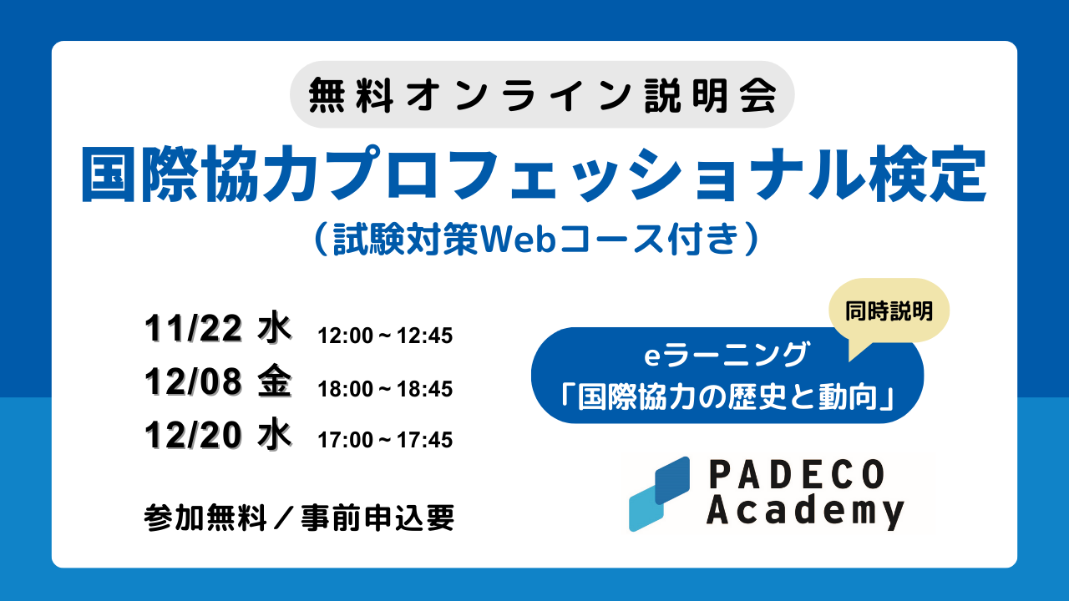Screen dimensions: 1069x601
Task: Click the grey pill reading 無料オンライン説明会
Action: [542, 94]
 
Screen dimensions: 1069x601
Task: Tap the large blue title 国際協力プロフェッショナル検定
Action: [534, 174]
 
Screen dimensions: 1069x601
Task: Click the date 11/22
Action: [193, 329]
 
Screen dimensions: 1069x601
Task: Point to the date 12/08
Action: [193, 381]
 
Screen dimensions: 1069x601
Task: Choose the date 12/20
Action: [193, 435]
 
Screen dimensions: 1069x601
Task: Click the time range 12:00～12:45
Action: [385, 336]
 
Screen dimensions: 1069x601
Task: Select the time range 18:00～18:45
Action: [385, 389]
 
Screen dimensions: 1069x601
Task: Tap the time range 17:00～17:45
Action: [385, 440]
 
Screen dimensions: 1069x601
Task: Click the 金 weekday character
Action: [275, 381]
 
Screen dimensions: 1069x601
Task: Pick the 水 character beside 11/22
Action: [275, 328]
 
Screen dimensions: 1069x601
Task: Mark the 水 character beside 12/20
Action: [275, 434]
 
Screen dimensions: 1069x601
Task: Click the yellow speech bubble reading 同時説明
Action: [889, 312]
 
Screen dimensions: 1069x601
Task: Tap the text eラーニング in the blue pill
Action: [727, 355]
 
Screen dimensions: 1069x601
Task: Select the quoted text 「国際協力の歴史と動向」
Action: [727, 396]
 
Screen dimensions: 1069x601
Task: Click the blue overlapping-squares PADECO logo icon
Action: [660, 494]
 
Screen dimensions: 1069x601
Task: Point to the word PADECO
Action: [798, 475]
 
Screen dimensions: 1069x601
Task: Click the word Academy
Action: [806, 513]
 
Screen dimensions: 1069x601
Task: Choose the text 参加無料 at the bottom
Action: [205, 518]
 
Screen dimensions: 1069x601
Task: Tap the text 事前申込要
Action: [377, 518]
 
